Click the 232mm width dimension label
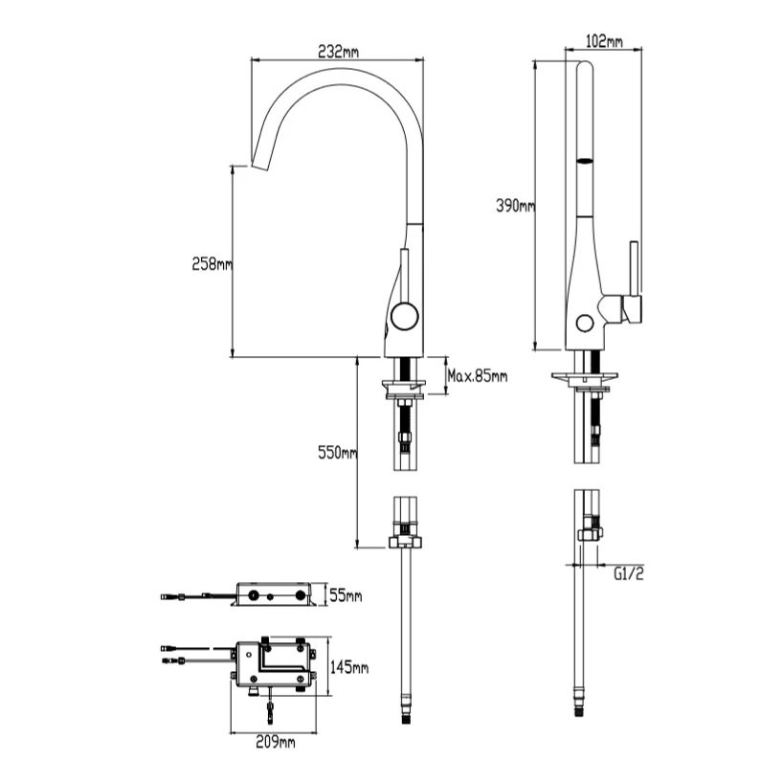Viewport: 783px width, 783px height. click(x=337, y=51)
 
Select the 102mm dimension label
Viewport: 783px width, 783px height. click(x=602, y=41)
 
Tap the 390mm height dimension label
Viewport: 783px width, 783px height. click(x=514, y=205)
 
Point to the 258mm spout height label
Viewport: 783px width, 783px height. click(x=212, y=264)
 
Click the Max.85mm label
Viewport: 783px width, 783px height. click(x=478, y=376)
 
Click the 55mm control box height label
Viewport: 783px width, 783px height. click(x=347, y=596)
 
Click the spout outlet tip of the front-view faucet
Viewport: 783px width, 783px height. click(x=256, y=165)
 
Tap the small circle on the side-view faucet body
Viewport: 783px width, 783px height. click(x=584, y=321)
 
